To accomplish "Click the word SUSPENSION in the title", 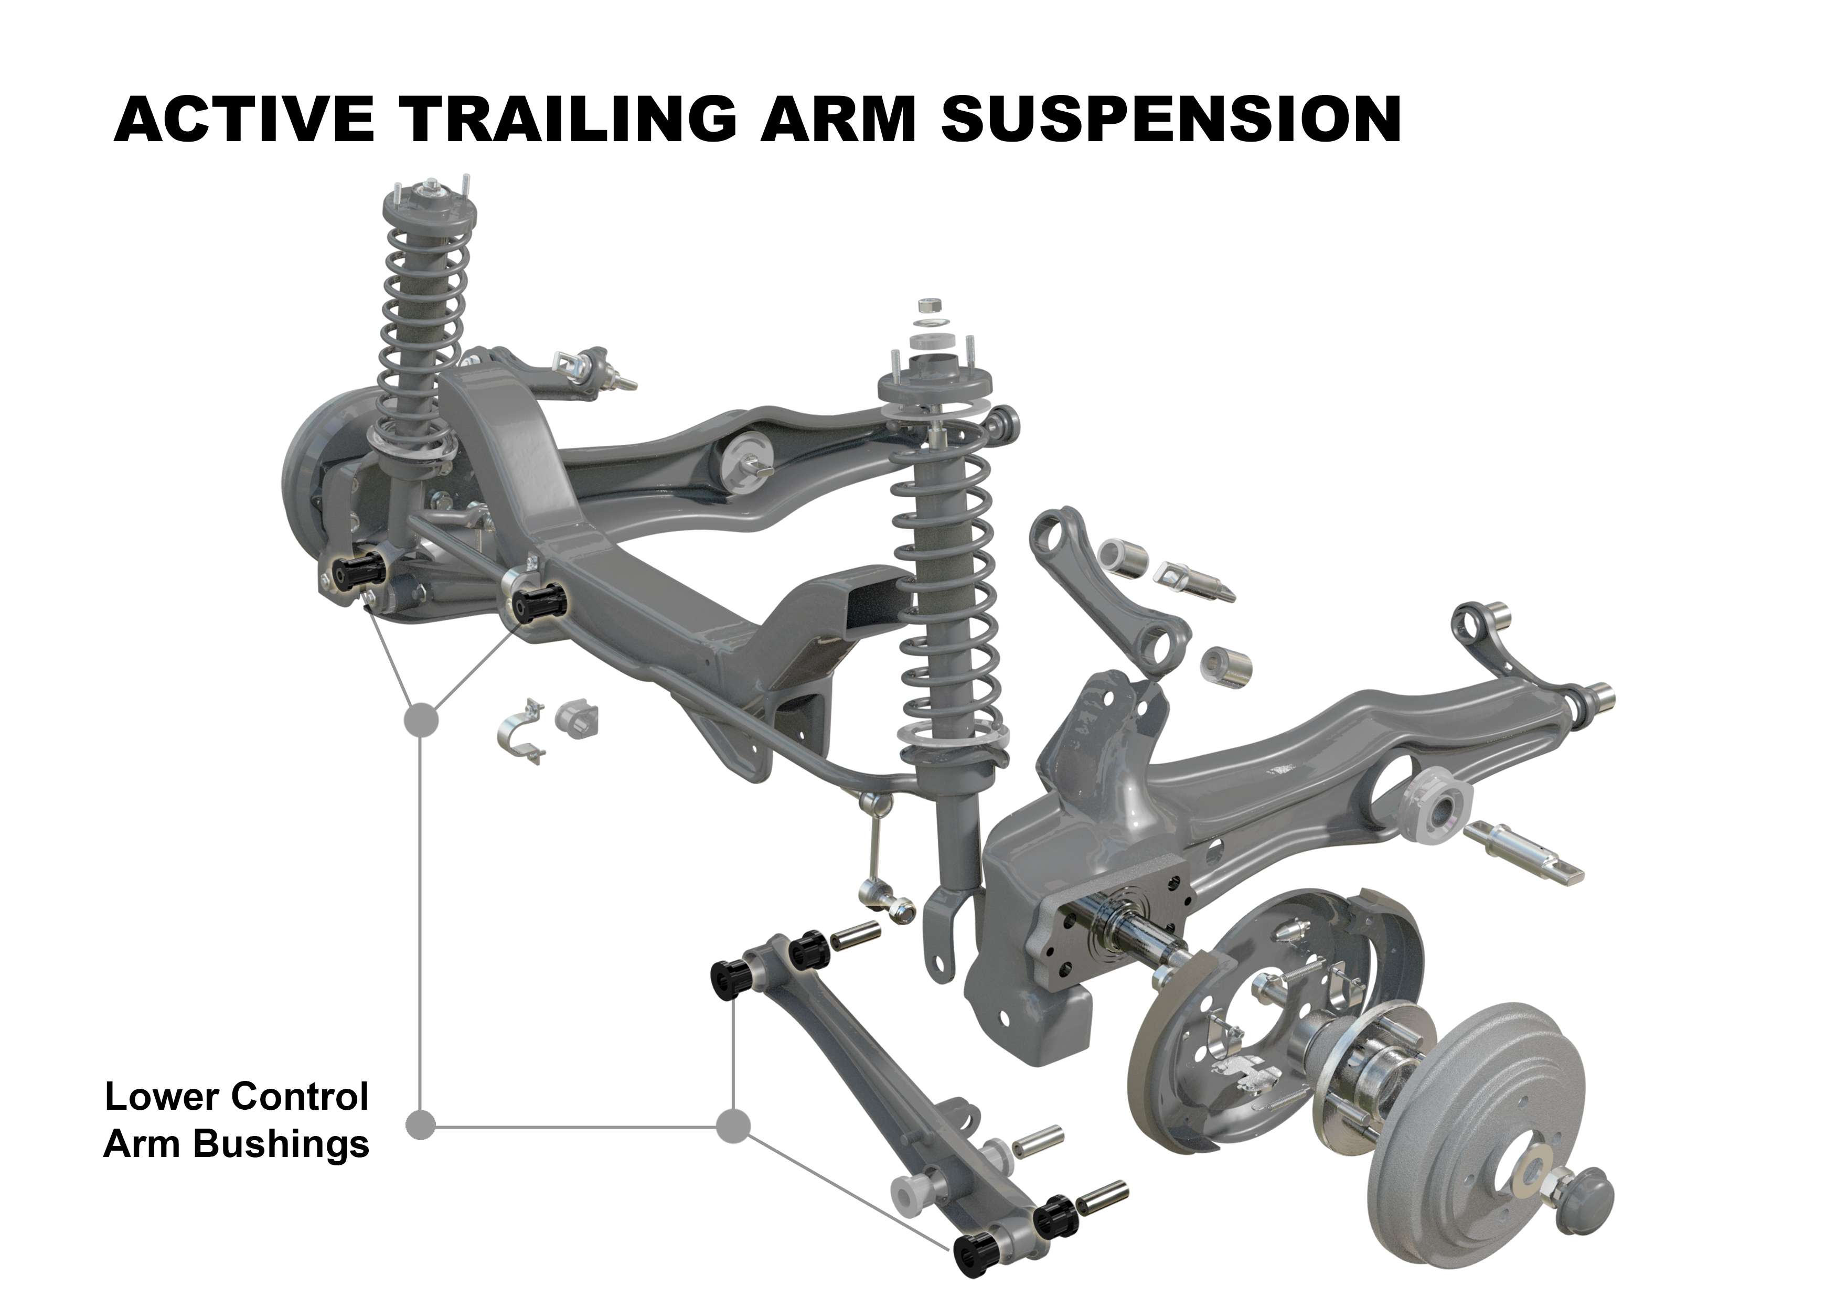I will [x=1170, y=119].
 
